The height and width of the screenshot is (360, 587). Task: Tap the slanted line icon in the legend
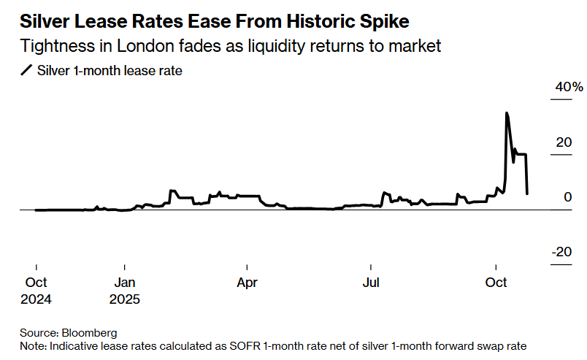point(27,71)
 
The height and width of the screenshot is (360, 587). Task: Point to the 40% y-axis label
point(569,88)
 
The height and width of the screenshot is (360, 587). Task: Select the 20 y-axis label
point(563,142)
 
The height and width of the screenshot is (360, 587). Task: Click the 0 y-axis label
point(567,197)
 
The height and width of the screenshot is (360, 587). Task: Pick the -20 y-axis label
point(561,251)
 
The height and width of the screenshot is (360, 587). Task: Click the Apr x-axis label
point(248,283)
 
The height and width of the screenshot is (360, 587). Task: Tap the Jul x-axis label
point(372,283)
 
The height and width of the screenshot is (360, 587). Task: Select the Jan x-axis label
point(125,283)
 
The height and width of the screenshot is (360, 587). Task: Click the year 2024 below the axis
point(36,299)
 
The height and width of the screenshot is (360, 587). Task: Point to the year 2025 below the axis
point(125,299)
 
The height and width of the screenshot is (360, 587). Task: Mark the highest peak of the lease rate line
point(506,112)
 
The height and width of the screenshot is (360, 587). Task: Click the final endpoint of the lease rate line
point(527,194)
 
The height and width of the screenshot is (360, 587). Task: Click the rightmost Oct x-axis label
point(496,283)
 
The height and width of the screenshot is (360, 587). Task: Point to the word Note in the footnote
point(33,345)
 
